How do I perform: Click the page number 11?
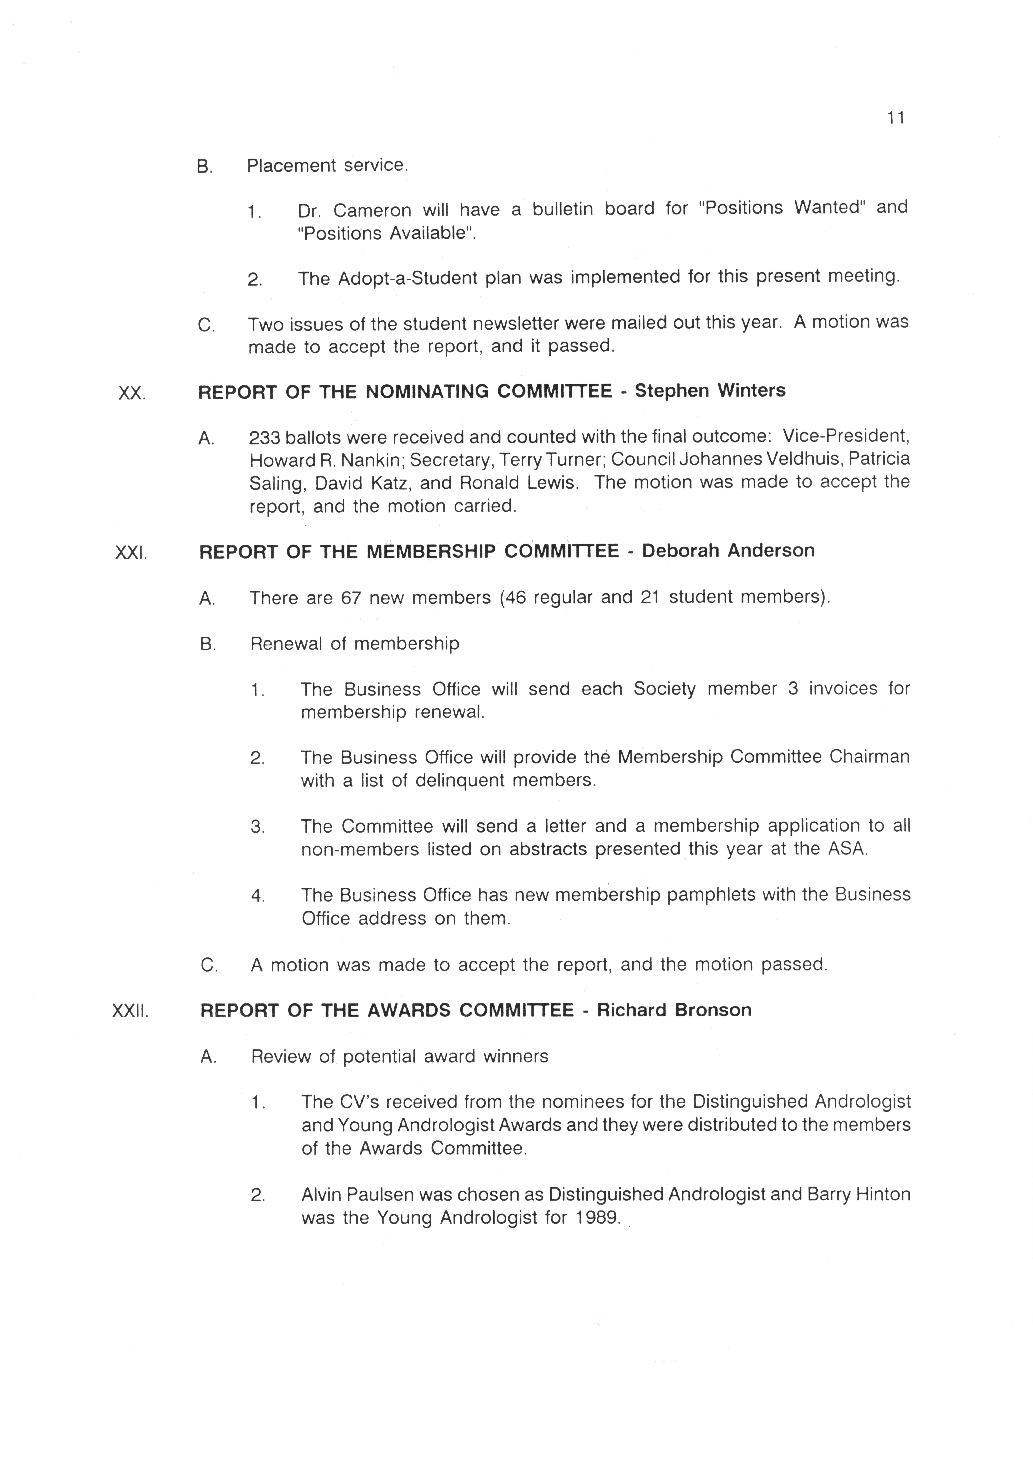pyautogui.click(x=896, y=118)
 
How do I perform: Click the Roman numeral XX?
pyautogui.click(x=132, y=394)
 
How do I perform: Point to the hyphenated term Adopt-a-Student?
pyautogui.click(x=407, y=279)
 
